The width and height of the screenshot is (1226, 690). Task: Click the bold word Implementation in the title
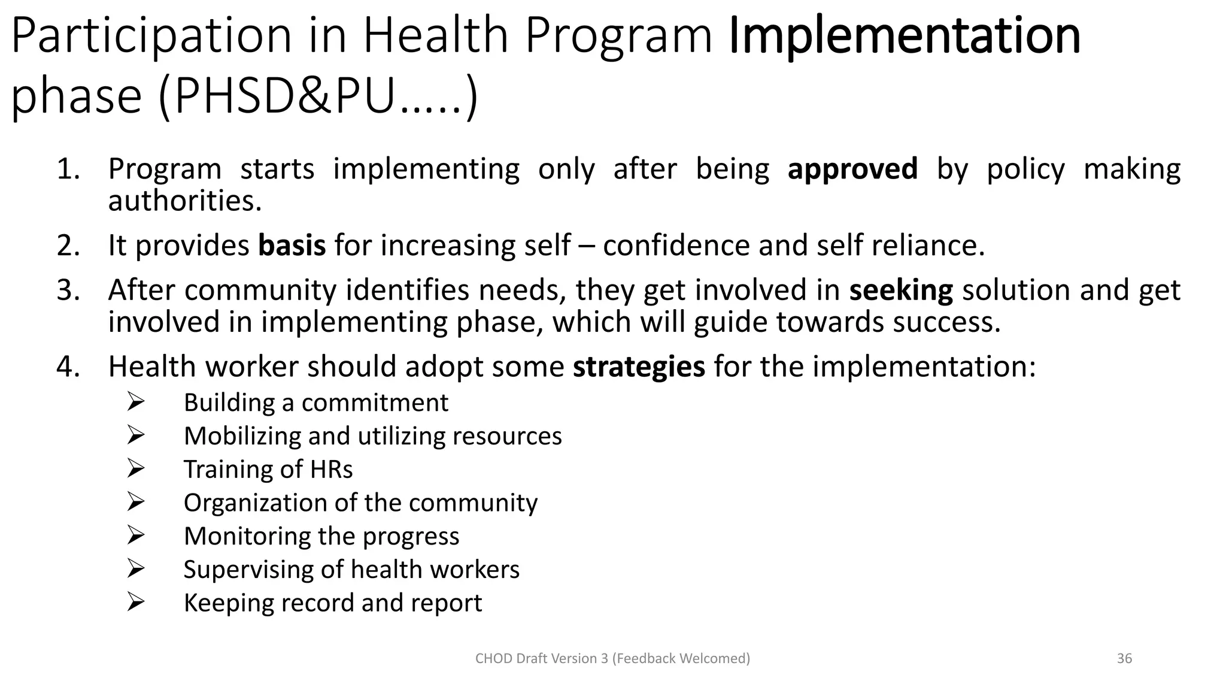[x=905, y=35]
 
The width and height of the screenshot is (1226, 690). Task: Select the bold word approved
[x=852, y=169]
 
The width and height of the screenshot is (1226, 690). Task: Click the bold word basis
[x=292, y=246]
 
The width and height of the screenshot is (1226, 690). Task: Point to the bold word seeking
[x=901, y=290]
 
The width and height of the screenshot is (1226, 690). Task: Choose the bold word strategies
[x=639, y=367]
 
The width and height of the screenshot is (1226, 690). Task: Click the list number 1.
[x=68, y=169]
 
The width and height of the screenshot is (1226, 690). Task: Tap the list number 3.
[x=68, y=290]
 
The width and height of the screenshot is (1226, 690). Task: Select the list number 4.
[x=68, y=367]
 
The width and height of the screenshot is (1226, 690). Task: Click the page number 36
[x=1124, y=658]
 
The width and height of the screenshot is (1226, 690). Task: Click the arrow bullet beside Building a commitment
[x=136, y=402]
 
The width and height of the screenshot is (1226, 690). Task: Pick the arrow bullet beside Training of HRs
[x=136, y=468]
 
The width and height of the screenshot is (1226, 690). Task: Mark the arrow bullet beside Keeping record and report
[x=136, y=602]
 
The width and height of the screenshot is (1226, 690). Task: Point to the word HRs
[x=331, y=469]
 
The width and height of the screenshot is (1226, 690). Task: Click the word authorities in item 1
[x=184, y=201]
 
